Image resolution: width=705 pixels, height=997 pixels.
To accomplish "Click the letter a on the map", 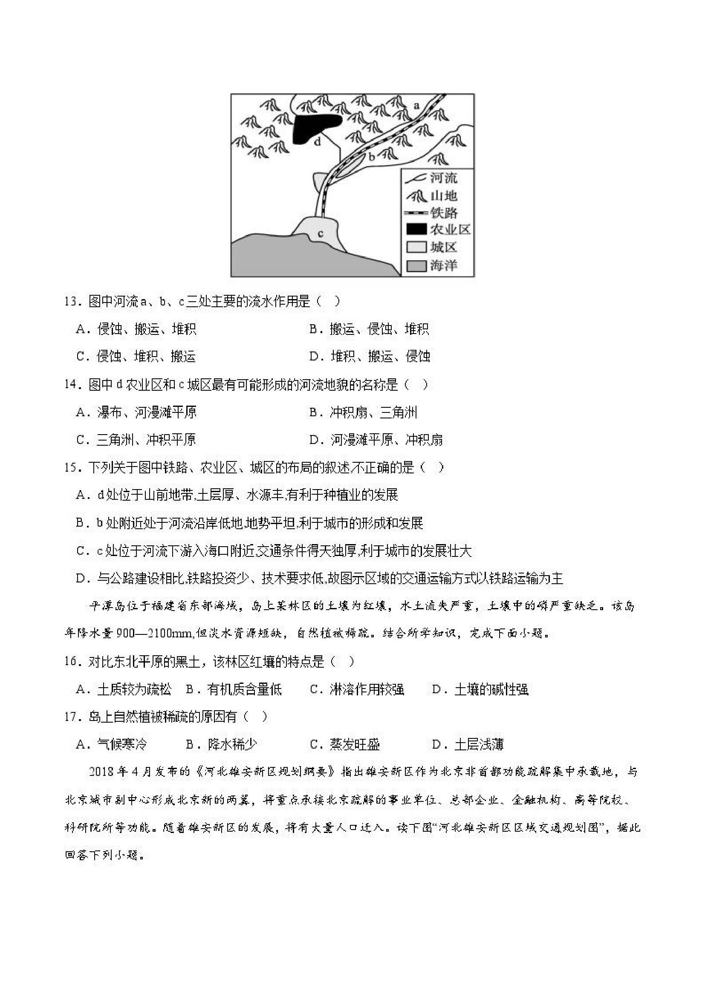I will click(416, 106).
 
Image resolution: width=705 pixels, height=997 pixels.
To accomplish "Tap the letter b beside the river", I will click(372, 157).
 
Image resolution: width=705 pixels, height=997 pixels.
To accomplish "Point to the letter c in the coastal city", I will click(321, 234).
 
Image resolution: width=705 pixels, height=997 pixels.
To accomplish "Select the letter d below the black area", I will click(318, 141).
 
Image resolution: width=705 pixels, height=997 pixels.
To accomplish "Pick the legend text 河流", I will click(444, 178).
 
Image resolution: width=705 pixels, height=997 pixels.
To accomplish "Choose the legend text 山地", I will click(444, 196).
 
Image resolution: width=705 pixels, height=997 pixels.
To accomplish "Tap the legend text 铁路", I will click(444, 213).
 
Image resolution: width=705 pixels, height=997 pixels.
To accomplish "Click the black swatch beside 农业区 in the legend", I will click(416, 229).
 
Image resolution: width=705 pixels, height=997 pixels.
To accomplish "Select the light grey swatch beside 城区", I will click(416, 247).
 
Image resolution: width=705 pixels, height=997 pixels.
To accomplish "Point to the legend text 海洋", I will click(444, 265).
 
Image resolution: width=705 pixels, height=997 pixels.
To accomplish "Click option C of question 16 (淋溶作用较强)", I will click(357, 689).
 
